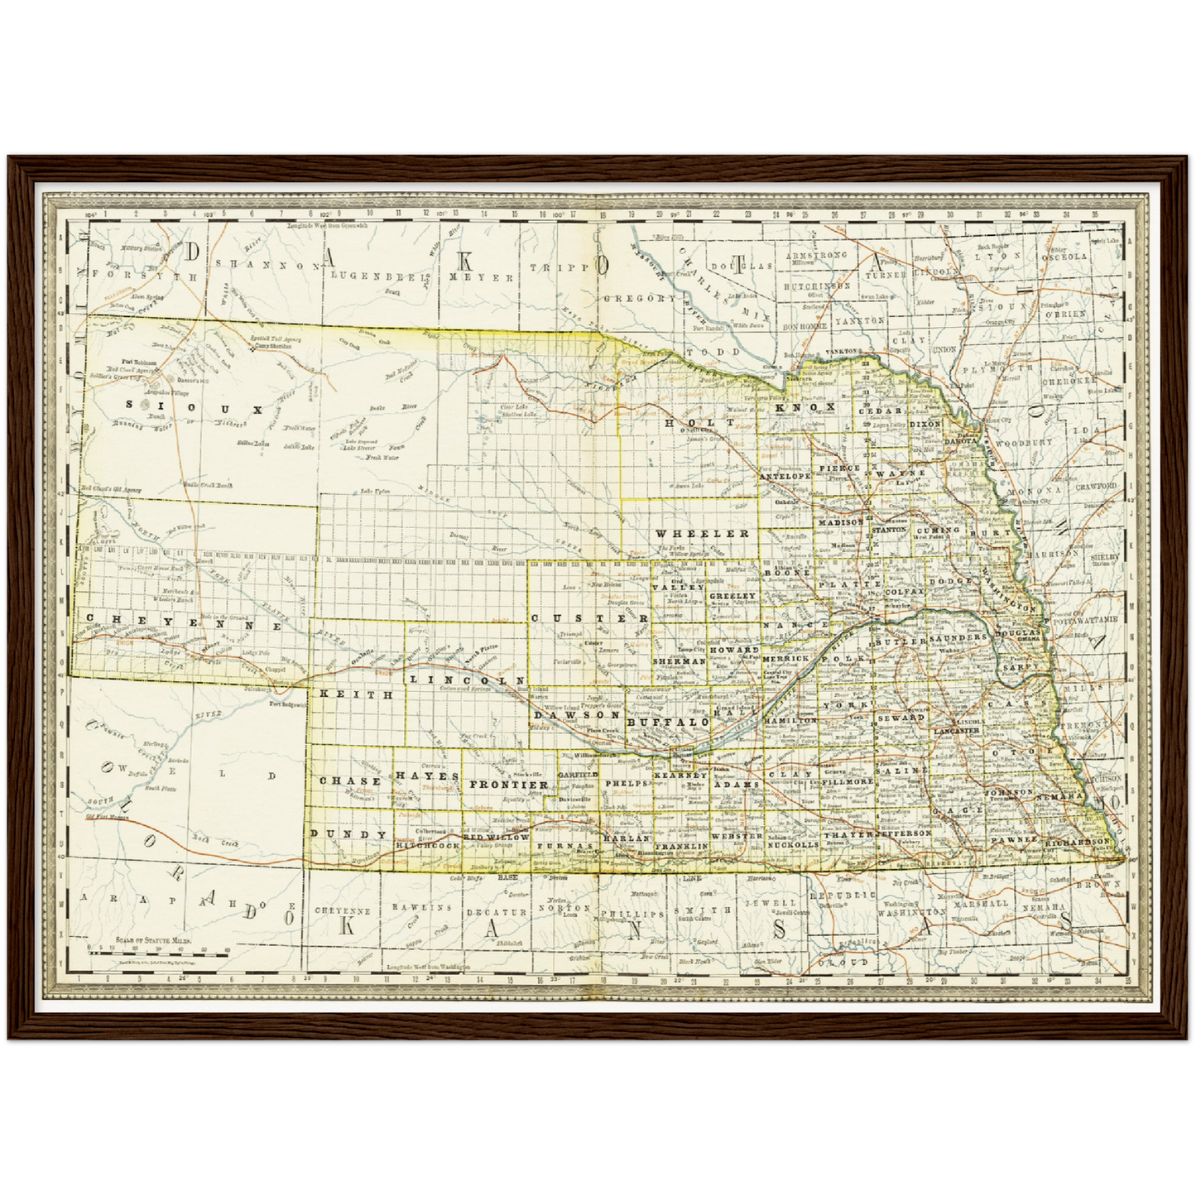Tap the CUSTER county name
tap(589, 618)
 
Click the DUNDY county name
tap(348, 834)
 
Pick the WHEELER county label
tap(702, 534)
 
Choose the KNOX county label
tap(805, 407)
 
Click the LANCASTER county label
tap(957, 731)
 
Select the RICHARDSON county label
tap(1078, 841)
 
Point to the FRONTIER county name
tap(509, 784)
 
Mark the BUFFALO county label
tap(669, 722)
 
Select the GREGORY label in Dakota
tap(639, 298)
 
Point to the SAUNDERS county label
tap(958, 638)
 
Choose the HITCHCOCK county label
tap(427, 846)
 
